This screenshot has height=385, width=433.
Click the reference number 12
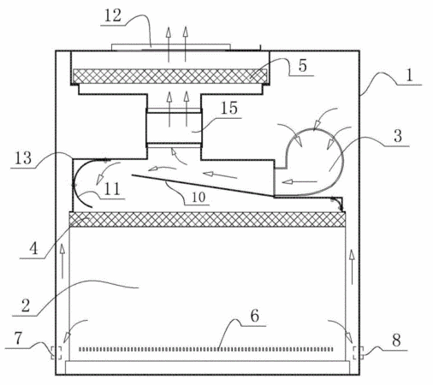point(113,15)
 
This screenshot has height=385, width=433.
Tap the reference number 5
point(302,65)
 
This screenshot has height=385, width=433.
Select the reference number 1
point(409,75)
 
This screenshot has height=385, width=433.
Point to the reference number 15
point(229,108)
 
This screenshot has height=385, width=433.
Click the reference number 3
point(398,136)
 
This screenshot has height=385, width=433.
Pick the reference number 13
point(23,158)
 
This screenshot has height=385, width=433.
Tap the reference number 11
point(112,188)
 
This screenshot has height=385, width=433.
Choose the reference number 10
point(199,197)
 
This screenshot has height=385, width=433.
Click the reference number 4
point(33,248)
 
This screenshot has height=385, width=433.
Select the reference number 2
point(26,305)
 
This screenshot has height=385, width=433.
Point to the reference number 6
point(255,316)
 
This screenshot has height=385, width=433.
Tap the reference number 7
point(18,339)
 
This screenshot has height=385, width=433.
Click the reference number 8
point(396,341)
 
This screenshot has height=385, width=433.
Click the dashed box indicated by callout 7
point(56,352)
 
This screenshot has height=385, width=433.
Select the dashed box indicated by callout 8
point(358,352)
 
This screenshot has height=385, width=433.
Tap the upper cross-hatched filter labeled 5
point(170,76)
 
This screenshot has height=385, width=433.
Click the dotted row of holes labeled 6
point(205,349)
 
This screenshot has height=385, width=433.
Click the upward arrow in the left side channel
point(62,261)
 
